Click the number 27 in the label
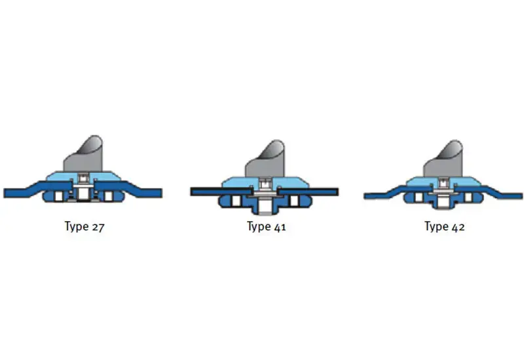[x=98, y=227]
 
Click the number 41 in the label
[x=280, y=227]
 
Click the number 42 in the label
[x=458, y=227]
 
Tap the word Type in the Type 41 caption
[x=259, y=227]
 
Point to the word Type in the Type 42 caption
[x=437, y=227]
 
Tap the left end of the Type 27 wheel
[x=5, y=193]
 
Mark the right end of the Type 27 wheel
[x=162, y=193]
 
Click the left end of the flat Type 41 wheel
[x=191, y=192]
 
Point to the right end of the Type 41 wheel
[x=338, y=192]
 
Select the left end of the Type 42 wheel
[x=365, y=196]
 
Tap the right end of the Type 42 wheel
[x=522, y=196]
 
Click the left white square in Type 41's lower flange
[x=236, y=201]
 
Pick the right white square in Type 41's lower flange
[x=294, y=201]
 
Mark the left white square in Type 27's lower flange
[x=59, y=196]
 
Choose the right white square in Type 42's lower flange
[x=468, y=198]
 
